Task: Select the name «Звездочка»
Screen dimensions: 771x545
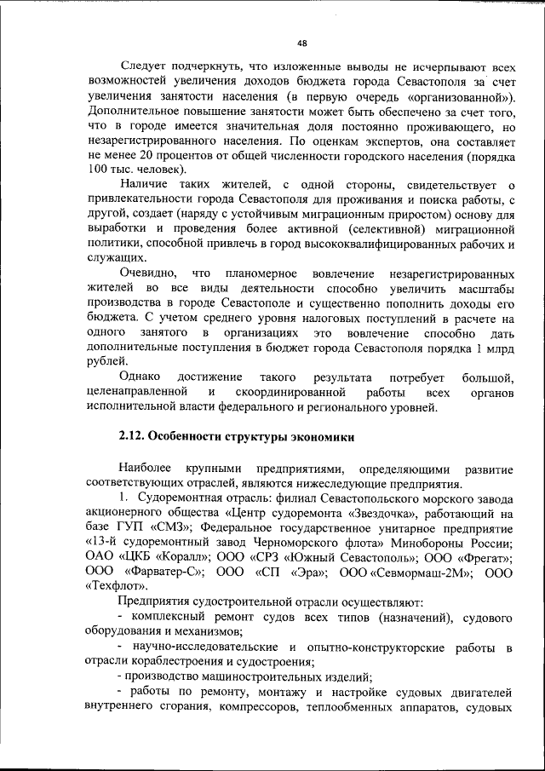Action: coord(370,514)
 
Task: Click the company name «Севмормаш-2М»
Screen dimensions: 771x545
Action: coord(423,572)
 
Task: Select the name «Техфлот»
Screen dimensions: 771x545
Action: coord(118,588)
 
